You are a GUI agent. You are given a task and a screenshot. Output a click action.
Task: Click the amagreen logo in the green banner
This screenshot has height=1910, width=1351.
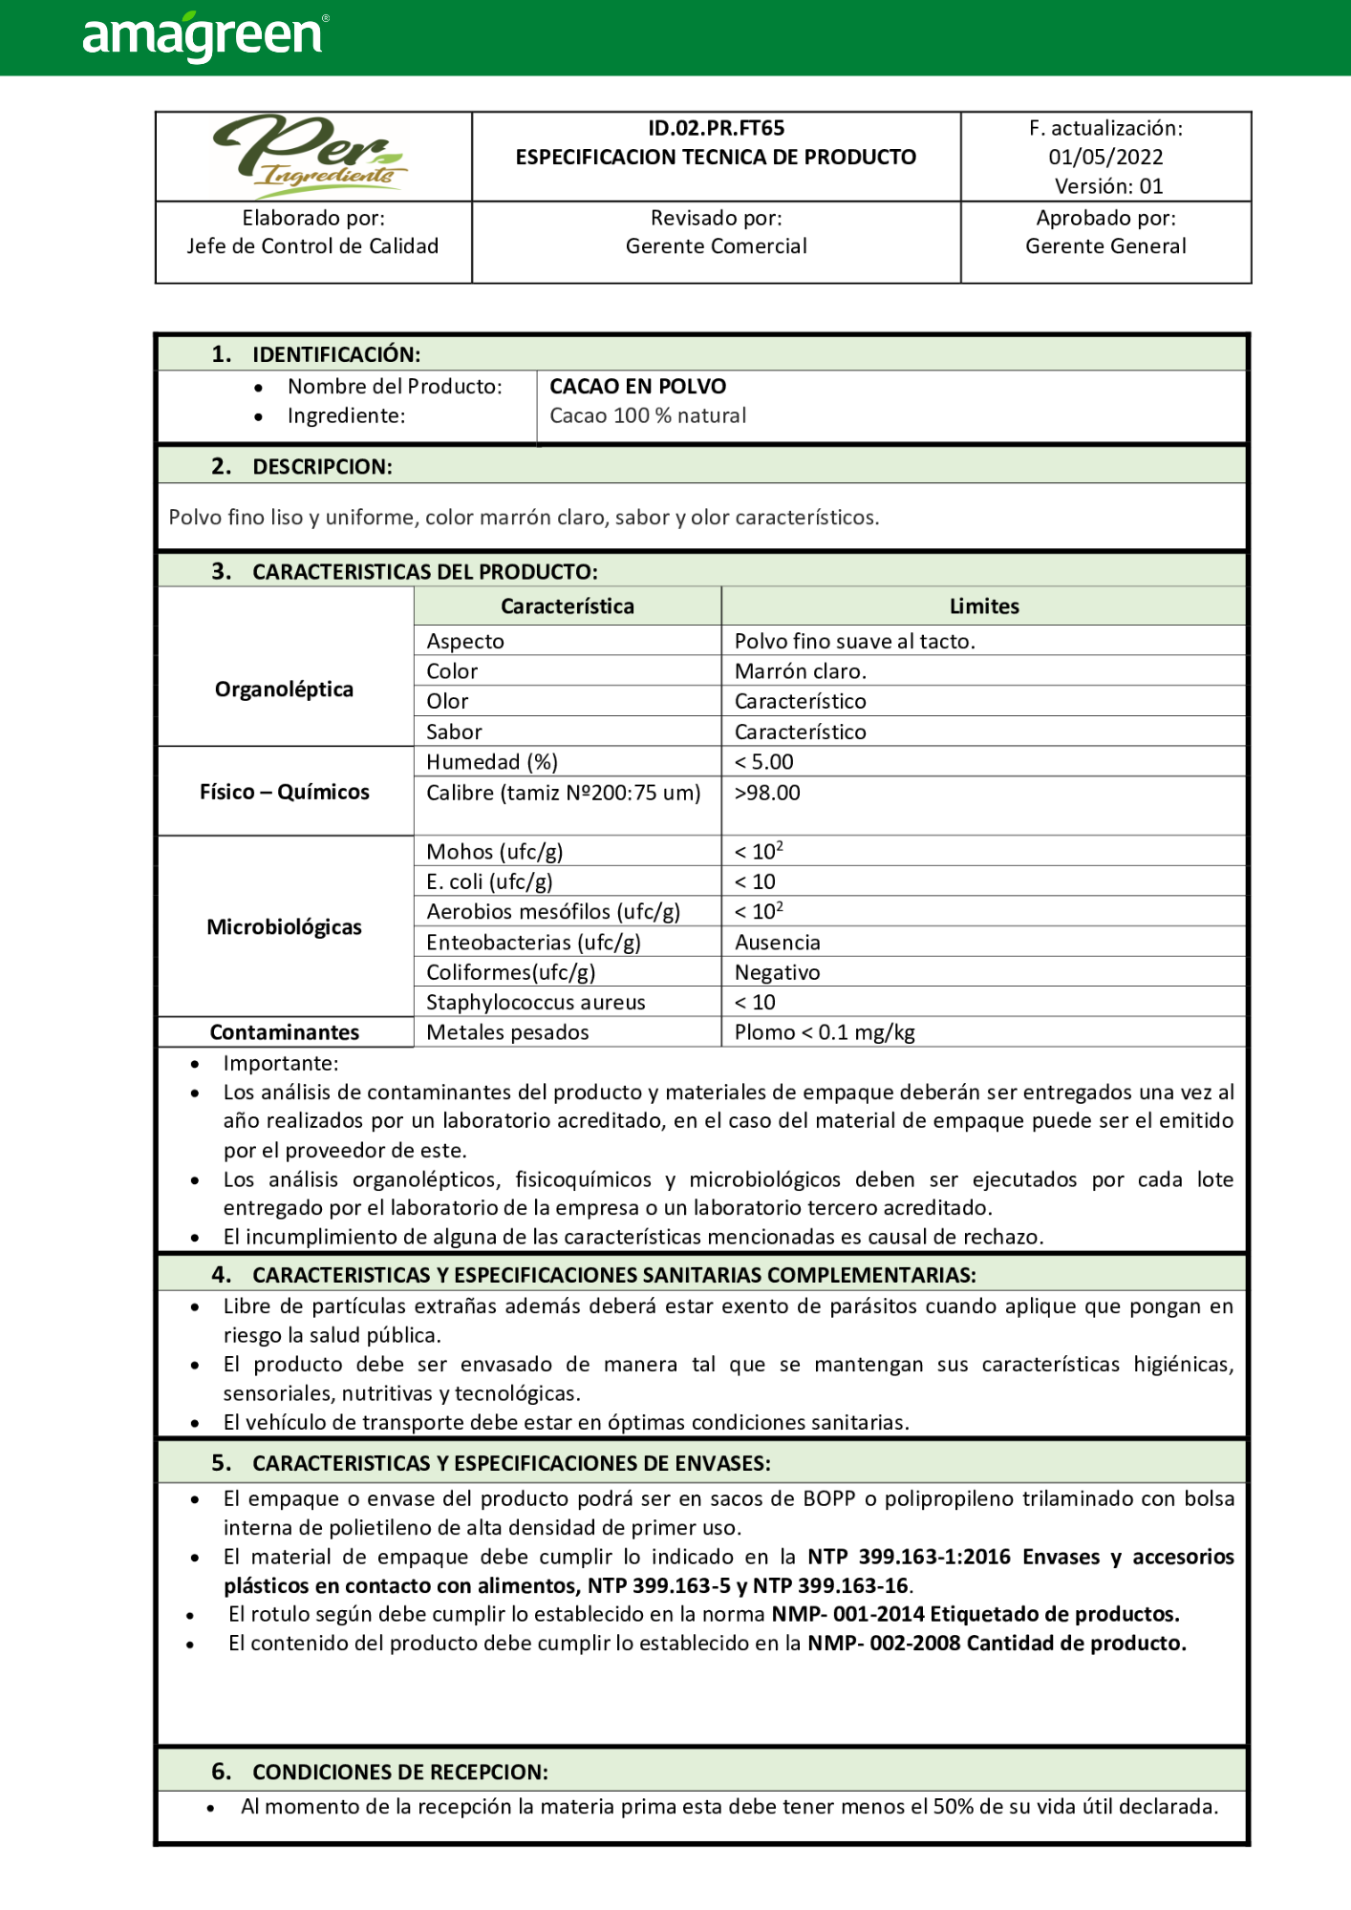204,36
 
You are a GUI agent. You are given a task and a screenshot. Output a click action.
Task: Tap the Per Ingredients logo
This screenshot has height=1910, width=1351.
311,153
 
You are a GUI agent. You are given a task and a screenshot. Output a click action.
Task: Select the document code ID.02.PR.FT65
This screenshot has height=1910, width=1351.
716,128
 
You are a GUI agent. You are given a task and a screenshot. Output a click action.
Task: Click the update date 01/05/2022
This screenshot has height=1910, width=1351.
1105,157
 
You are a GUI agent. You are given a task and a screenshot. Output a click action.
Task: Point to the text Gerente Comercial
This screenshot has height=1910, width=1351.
716,246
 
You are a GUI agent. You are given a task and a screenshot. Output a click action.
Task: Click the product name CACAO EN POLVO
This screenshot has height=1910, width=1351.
637,387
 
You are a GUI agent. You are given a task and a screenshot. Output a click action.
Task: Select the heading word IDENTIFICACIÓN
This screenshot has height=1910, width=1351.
335,354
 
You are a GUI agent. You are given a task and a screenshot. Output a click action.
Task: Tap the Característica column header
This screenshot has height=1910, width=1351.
567,606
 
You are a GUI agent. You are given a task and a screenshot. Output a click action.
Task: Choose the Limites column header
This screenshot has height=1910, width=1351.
983,606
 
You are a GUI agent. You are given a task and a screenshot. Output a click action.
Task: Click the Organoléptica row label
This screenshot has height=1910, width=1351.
284,690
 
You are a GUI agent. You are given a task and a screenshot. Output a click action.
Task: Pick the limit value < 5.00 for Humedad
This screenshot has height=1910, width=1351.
763,762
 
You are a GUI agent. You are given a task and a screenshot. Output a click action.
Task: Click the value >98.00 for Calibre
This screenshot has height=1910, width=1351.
767,793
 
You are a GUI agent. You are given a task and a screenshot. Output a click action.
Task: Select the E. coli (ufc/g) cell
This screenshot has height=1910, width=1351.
489,881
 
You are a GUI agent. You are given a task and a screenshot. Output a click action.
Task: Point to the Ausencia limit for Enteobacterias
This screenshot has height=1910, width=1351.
777,943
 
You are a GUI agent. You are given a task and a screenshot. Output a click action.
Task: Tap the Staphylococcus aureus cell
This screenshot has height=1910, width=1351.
535,1003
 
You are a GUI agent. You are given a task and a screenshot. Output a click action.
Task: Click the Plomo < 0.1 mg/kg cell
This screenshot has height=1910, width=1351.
825,1032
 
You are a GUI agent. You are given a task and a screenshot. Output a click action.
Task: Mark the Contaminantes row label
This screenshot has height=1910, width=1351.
284,1032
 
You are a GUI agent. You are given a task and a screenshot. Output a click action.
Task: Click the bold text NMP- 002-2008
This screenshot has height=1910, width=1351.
884,1644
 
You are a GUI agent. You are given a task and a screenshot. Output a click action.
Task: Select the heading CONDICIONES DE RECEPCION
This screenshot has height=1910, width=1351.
399,1772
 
